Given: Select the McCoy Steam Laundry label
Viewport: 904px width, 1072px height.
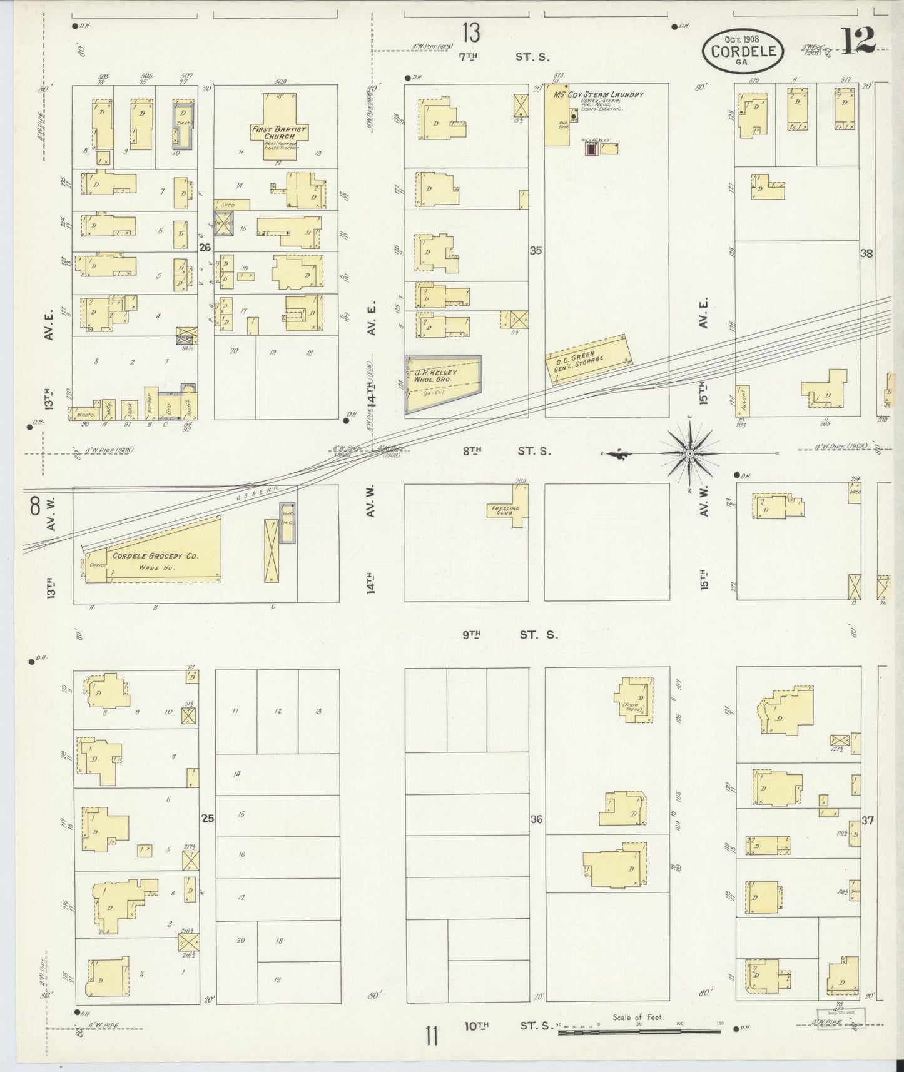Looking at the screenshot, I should click(597, 94).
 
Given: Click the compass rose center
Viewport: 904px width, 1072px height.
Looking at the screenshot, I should click(689, 453).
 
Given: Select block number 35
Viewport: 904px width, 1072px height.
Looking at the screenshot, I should click(536, 251).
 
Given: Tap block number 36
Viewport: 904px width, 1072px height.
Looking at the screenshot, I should click(536, 819).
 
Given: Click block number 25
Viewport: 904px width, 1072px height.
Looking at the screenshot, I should click(208, 817).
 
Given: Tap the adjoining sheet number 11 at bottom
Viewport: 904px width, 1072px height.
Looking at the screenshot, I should click(431, 1036).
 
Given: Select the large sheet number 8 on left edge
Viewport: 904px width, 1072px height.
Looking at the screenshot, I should click(34, 505).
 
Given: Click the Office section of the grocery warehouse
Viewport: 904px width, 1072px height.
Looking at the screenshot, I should click(98, 564).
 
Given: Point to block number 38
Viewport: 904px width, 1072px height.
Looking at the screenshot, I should click(866, 253).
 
